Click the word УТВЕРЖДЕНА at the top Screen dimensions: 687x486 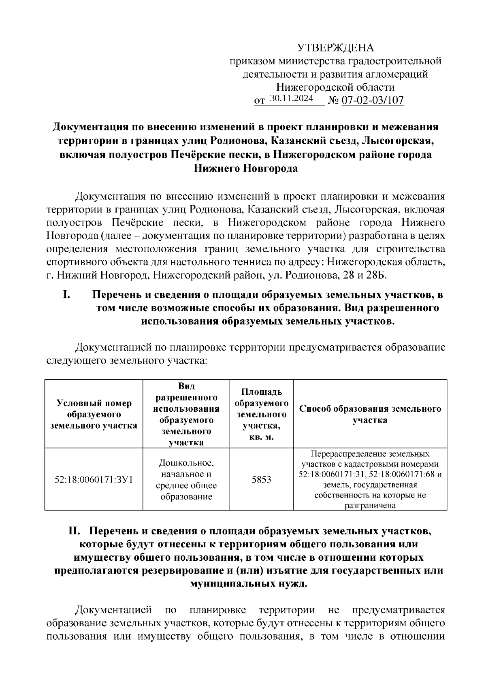point(336,48)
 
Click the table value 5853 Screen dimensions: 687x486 point(261,480)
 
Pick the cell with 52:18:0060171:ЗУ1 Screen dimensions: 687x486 point(94,480)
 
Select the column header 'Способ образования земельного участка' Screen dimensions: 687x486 point(370,414)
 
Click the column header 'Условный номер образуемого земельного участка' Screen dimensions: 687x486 point(94,414)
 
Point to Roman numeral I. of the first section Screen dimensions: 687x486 point(67,295)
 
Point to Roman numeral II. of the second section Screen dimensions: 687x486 point(75,531)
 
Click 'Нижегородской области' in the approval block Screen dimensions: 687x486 point(336,87)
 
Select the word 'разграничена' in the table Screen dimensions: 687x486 point(370,506)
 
